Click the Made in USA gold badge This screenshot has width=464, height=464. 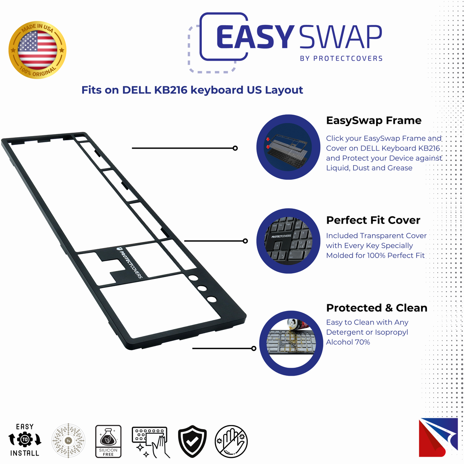pos(37,50)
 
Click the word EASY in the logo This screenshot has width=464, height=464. pos(255,37)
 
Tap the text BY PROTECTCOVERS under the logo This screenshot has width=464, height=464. pos(341,58)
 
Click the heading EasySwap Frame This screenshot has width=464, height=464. pos(373,120)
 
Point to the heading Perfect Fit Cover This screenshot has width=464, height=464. pos(373,220)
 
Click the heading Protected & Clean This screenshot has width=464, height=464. pos(376,308)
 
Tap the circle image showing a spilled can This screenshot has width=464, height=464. pos(291,343)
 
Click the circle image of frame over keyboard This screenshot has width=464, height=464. pos(288,147)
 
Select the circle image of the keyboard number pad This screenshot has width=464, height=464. pos(288,241)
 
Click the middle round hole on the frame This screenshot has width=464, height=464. pos(202,289)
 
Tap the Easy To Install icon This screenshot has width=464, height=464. pos(25,440)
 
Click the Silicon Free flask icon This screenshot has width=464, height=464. pos(108,441)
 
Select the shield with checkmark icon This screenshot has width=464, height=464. pos(192,441)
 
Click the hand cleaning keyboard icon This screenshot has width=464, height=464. pos(151,442)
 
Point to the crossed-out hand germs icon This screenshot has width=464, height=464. pos(231,441)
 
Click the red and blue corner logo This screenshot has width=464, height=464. pos(438,437)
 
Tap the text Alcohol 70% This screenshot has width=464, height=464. pos(348,342)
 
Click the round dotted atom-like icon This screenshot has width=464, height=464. pos(68,441)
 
